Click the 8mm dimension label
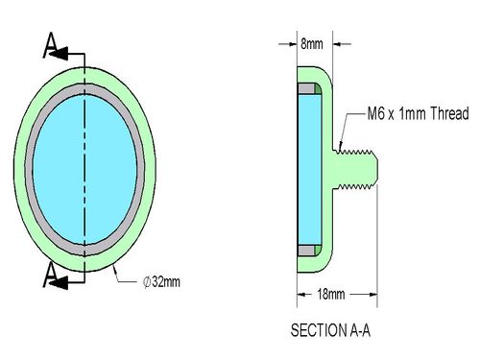click(x=312, y=44)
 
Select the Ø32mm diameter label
click(x=161, y=282)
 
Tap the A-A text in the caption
click(x=358, y=330)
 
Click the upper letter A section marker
click(x=51, y=45)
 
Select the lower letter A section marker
click(x=51, y=275)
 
